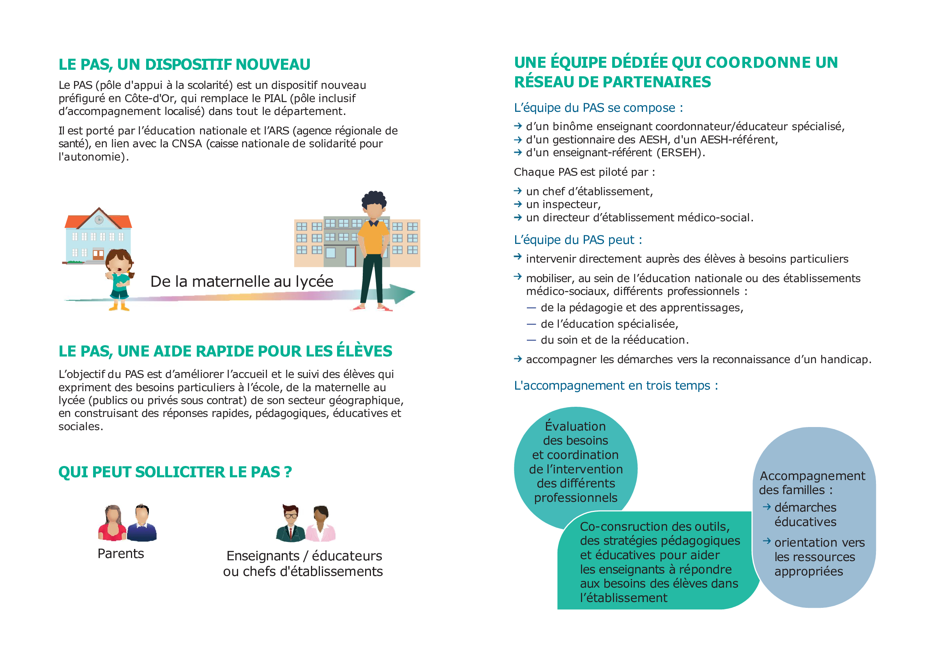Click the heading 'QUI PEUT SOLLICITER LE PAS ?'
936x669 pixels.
pyautogui.click(x=175, y=472)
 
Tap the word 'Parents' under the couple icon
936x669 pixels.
pyautogui.click(x=121, y=554)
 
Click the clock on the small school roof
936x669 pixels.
pyautogui.click(x=99, y=220)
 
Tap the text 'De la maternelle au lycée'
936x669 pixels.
pyautogui.click(x=242, y=281)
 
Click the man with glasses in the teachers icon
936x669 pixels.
pyautogui.click(x=290, y=523)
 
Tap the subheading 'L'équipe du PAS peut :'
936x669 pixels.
pyautogui.click(x=577, y=240)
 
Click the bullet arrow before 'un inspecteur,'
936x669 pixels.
pyautogui.click(x=518, y=204)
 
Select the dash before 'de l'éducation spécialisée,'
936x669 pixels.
pyautogui.click(x=531, y=324)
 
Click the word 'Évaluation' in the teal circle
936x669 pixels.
pyautogui.click(x=575, y=426)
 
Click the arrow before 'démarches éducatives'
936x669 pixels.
pyautogui.click(x=766, y=507)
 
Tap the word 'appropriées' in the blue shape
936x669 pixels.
pyautogui.click(x=808, y=572)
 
